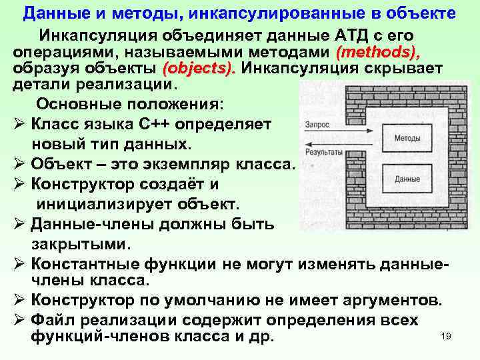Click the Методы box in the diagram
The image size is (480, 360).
(x=407, y=139)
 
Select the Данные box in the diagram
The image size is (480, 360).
(x=407, y=179)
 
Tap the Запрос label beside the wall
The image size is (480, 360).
(x=316, y=124)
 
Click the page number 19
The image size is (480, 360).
(x=446, y=336)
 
